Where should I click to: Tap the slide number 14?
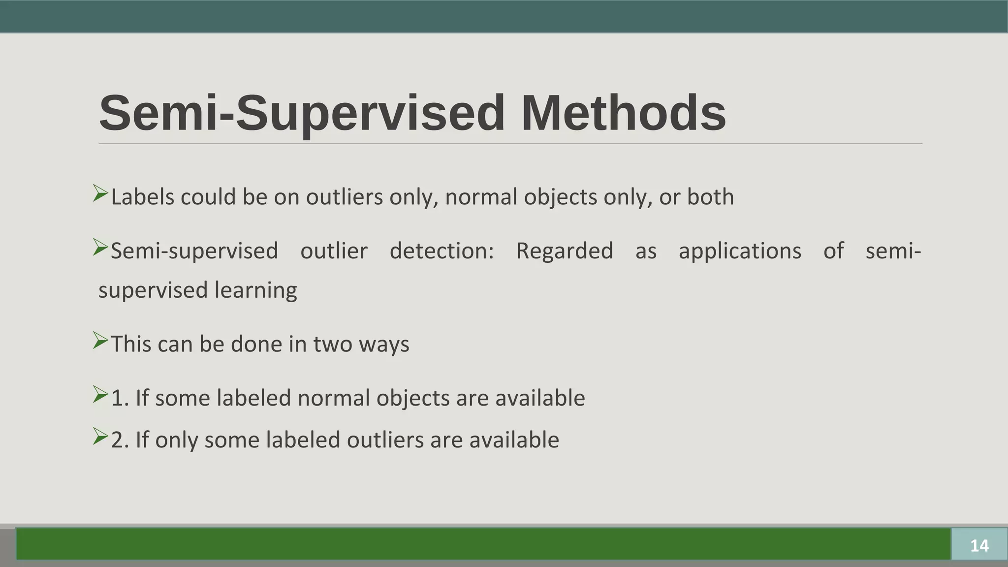(979, 545)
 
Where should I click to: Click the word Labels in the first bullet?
(143, 197)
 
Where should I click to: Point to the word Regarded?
(564, 251)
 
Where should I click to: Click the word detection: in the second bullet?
(441, 251)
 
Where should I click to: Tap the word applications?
(740, 251)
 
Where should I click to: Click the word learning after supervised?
(255, 290)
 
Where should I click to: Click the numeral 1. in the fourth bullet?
(120, 398)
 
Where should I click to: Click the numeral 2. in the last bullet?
(120, 440)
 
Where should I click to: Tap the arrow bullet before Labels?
(100, 193)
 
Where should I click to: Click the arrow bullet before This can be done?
(100, 341)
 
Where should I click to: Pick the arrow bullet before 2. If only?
(100, 436)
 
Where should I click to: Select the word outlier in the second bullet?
(334, 251)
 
